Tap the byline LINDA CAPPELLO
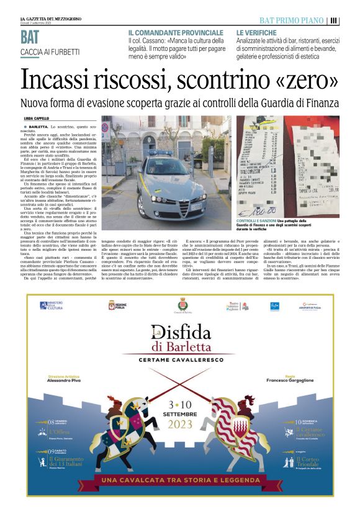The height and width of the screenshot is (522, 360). pos(36,118)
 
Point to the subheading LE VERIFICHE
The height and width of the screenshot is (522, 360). pos(257,32)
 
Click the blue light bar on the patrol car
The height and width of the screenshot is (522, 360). pos(160,154)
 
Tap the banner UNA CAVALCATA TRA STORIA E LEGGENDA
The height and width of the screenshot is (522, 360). pos(180,480)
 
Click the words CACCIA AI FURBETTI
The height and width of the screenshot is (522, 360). pos(50,52)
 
